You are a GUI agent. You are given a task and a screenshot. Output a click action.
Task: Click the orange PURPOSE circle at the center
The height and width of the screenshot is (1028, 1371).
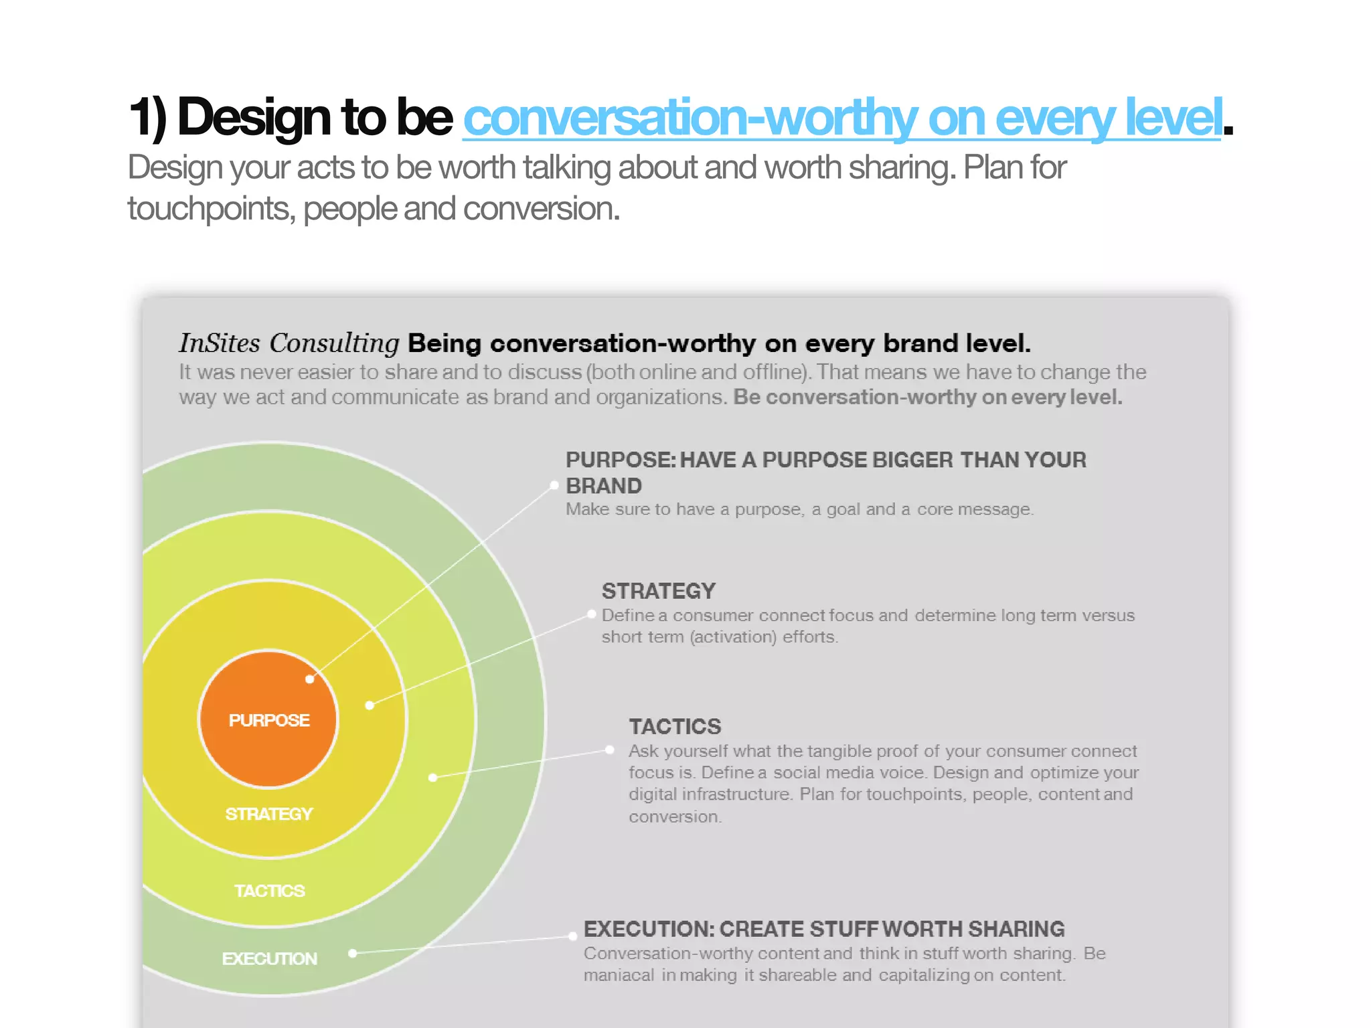(x=268, y=743)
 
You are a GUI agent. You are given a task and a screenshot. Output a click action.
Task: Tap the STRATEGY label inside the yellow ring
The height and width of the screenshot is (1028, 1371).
(x=268, y=814)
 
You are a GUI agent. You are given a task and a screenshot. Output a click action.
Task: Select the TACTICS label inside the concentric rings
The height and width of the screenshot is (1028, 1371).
(x=269, y=891)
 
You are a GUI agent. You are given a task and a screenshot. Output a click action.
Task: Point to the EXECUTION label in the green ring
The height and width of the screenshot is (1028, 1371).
(x=269, y=958)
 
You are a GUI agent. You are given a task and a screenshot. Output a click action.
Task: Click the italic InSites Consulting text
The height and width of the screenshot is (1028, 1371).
(x=289, y=343)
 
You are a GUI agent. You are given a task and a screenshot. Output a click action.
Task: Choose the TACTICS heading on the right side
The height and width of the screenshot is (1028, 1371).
(x=675, y=726)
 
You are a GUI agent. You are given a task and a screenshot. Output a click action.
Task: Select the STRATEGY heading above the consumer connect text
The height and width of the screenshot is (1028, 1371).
(x=659, y=591)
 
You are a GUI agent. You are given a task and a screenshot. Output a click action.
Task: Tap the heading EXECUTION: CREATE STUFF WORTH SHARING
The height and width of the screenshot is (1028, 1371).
(x=824, y=929)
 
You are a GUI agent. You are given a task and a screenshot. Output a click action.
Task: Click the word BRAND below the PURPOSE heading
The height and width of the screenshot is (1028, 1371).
(x=604, y=486)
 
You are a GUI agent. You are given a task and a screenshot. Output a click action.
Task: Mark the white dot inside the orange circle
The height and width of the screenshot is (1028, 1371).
(x=309, y=679)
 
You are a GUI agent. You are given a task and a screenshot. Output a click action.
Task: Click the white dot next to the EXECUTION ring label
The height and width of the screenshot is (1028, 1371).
(x=353, y=953)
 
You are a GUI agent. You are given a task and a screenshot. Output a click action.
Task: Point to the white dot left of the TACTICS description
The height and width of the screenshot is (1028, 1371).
(x=610, y=750)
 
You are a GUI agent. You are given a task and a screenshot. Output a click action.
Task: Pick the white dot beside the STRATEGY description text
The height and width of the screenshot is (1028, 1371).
(x=592, y=614)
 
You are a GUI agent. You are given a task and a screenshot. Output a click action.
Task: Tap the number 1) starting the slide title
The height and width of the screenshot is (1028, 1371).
(x=147, y=117)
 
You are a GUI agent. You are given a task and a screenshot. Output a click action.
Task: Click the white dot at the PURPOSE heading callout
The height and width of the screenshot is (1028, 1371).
(x=554, y=485)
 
